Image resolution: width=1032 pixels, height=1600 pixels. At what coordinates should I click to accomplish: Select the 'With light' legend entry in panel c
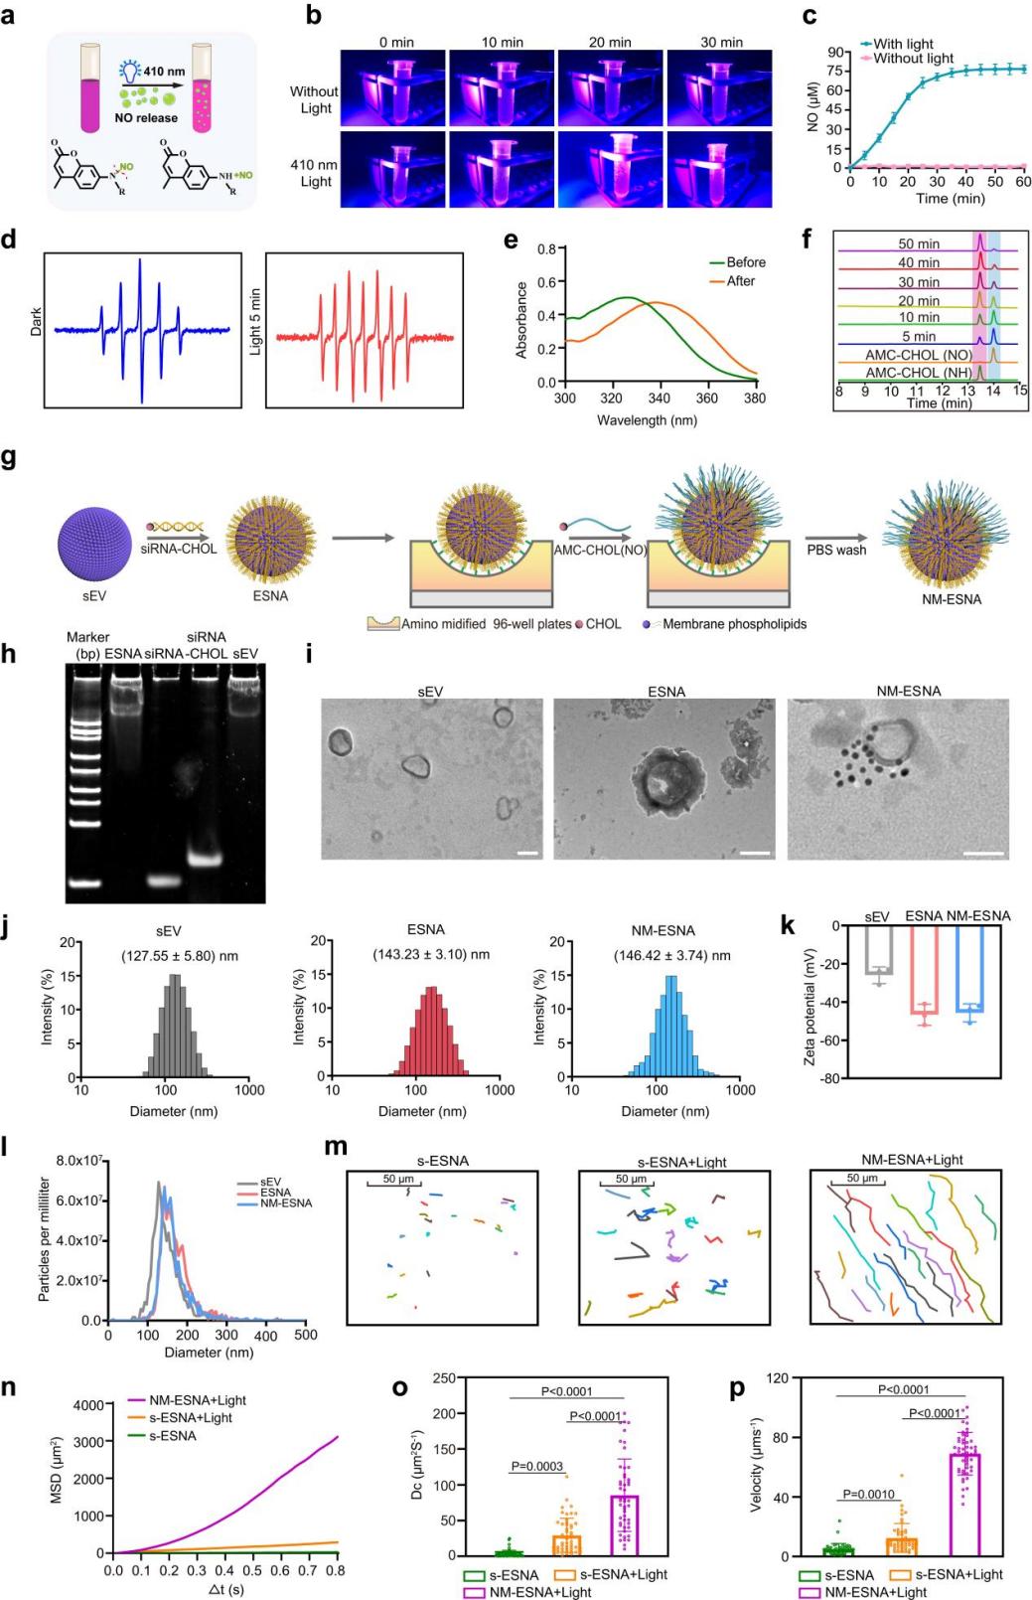[903, 44]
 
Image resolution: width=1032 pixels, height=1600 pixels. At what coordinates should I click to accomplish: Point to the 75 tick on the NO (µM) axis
[837, 71]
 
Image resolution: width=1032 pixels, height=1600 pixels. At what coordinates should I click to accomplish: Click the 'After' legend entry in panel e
[740, 281]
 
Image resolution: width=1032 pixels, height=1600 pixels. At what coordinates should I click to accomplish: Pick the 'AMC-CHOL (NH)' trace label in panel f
[918, 373]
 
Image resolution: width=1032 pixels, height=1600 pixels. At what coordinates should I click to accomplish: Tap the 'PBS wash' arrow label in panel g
[835, 550]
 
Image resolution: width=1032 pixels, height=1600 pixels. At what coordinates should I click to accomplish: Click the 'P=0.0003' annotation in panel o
[536, 1466]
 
